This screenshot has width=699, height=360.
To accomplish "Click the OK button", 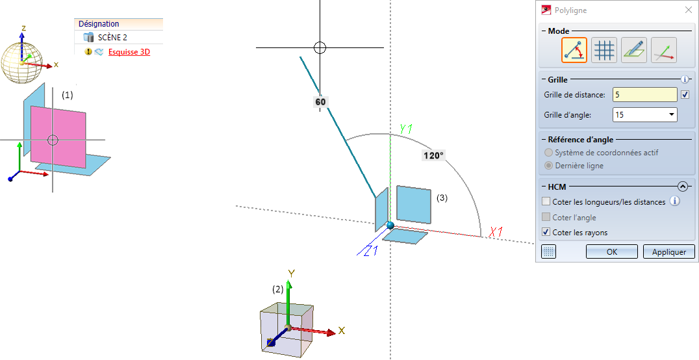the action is click(612, 251).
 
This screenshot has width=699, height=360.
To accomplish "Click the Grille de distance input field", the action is click(644, 95).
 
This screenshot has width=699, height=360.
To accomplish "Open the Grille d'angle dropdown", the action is click(644, 114).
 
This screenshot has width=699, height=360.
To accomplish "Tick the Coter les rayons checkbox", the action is click(546, 232).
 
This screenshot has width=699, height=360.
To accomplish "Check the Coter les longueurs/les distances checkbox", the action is click(546, 201).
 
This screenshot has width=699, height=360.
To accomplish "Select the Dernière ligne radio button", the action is click(549, 166).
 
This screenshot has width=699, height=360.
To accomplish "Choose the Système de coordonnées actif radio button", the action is click(549, 153).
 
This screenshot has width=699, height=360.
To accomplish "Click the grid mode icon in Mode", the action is click(604, 50).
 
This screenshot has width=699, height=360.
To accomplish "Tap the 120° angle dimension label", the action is click(434, 156).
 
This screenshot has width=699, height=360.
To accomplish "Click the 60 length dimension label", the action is click(320, 102).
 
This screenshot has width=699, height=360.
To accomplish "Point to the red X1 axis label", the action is click(496, 232).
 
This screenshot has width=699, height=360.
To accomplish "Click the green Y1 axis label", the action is click(405, 129).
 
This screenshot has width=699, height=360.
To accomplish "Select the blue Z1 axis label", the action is click(370, 251).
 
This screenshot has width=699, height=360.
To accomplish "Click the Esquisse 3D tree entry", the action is click(129, 52).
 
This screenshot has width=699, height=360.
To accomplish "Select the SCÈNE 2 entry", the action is click(112, 38).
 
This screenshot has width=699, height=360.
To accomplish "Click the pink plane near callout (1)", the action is click(58, 137).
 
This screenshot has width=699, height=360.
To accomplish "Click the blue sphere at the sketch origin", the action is click(390, 225).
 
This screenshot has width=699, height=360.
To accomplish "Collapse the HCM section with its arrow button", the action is click(683, 186).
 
